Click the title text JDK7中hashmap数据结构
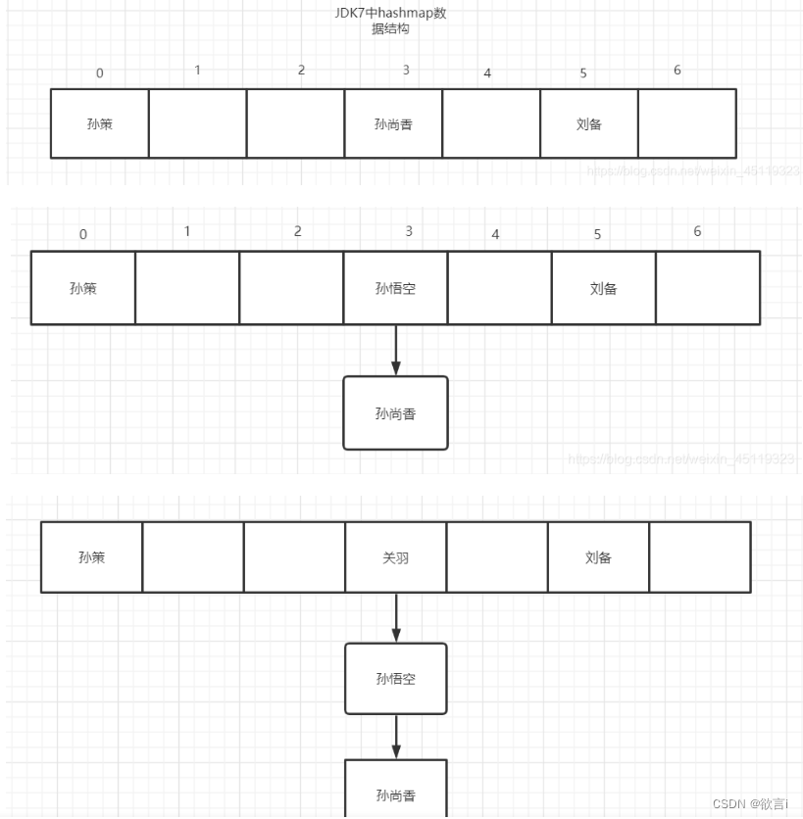tap(390, 21)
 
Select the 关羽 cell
tap(395, 557)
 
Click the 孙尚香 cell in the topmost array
tap(393, 123)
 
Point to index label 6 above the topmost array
tap(678, 71)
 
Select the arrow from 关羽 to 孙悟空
tap(396, 617)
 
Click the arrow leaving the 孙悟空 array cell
tap(396, 350)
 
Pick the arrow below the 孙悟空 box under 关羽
tap(396, 736)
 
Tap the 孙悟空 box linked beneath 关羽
tap(396, 678)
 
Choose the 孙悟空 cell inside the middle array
tap(395, 288)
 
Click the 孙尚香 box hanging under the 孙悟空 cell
tap(395, 413)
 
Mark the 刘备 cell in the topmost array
tap(589, 123)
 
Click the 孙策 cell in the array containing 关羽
tap(92, 557)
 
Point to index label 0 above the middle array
tap(83, 234)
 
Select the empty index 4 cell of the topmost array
tap(491, 123)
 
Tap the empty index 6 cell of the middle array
tap(708, 288)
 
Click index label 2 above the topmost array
tap(301, 71)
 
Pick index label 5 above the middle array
tap(597, 235)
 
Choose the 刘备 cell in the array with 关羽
tap(598, 557)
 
